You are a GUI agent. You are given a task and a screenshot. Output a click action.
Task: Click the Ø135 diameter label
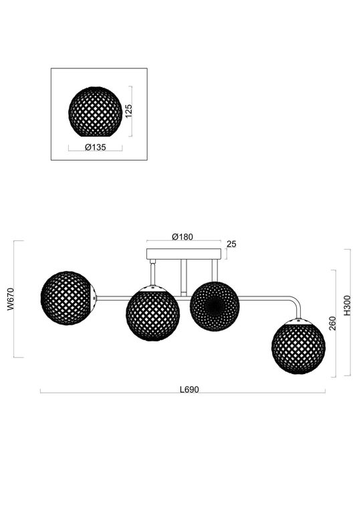[x=94, y=148]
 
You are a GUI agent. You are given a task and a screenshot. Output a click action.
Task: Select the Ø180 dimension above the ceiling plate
[x=182, y=236]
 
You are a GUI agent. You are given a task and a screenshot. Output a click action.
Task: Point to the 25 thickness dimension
[x=231, y=244]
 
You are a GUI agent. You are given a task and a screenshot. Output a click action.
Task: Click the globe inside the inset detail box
[x=95, y=112]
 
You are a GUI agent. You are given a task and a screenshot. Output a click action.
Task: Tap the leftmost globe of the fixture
[x=66, y=298]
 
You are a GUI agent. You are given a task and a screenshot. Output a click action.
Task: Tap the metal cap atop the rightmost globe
[x=298, y=322]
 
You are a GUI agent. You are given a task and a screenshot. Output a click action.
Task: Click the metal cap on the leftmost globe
[x=94, y=298]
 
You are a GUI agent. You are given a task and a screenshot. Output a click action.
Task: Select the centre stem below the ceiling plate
[x=183, y=276]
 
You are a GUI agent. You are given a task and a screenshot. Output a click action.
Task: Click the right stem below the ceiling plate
[x=214, y=270]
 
